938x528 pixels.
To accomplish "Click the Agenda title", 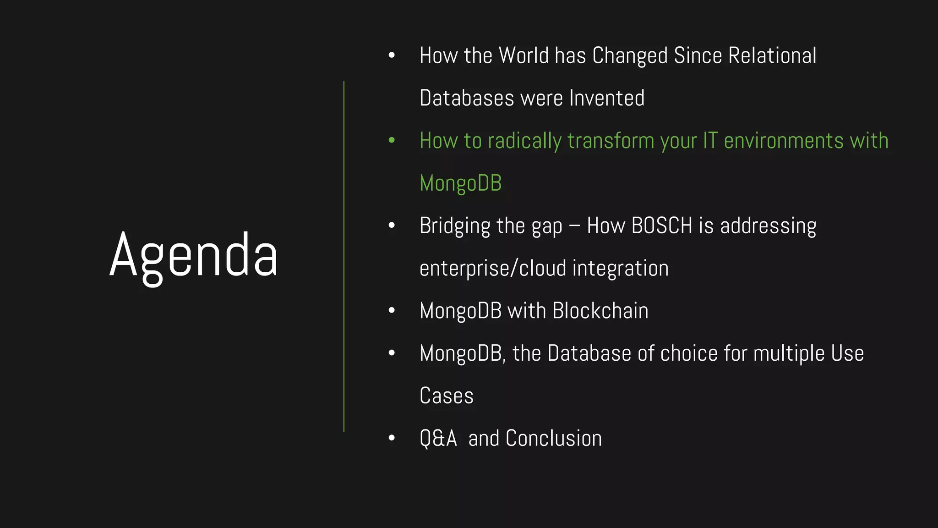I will pos(193,256).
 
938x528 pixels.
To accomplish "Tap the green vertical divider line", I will pos(344,257).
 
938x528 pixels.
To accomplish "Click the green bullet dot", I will pos(392,140).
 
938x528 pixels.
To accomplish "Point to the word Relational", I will pos(772,56).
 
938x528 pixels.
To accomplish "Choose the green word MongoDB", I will pos(460,183).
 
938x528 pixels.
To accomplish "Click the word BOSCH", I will pos(662,226).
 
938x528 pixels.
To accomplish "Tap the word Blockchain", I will pos(600,311).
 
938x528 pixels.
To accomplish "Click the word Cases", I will pos(447,396).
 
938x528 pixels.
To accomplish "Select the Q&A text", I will pos(438,439).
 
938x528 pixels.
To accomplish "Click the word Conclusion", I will pos(554,439).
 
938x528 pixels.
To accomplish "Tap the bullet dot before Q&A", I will pos(392,438).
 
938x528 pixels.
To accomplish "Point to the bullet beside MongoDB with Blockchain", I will pos(392,311).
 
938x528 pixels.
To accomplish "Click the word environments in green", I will pos(784,141).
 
